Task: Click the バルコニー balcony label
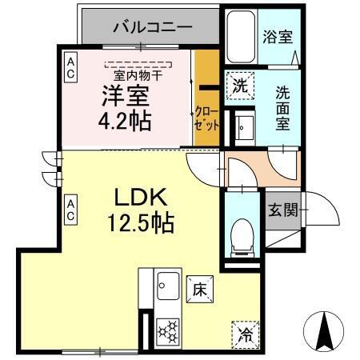click(151, 27)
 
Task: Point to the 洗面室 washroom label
click(283, 106)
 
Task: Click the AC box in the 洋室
click(70, 66)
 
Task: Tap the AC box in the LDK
click(70, 210)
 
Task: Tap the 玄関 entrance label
click(282, 211)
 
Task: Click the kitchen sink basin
click(168, 285)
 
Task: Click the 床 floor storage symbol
click(199, 290)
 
